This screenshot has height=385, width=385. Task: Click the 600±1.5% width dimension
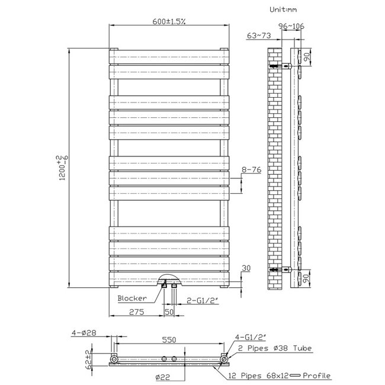coord(169,21)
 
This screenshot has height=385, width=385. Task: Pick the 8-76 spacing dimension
coord(252,170)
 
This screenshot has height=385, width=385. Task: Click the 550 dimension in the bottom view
coord(169,341)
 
